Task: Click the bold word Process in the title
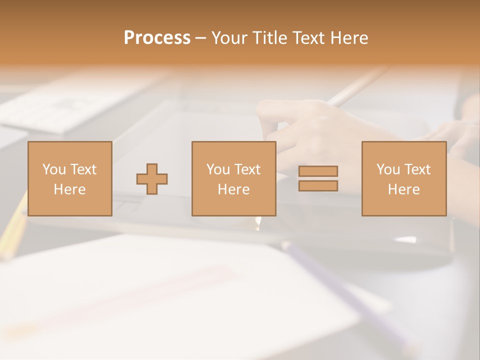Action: pyautogui.click(x=157, y=38)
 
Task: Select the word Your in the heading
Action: pyautogui.click(x=230, y=38)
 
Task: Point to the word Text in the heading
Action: pyautogui.click(x=308, y=38)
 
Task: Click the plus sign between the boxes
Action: pyautogui.click(x=152, y=179)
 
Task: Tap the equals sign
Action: pyautogui.click(x=318, y=178)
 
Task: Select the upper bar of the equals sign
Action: pyautogui.click(x=318, y=171)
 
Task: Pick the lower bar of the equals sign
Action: pyautogui.click(x=318, y=186)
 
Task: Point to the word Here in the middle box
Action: pyautogui.click(x=233, y=189)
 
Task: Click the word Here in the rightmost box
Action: pyautogui.click(x=403, y=189)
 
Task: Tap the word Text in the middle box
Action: pyautogui.click(x=247, y=169)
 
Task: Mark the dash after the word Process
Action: pyautogui.click(x=201, y=38)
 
